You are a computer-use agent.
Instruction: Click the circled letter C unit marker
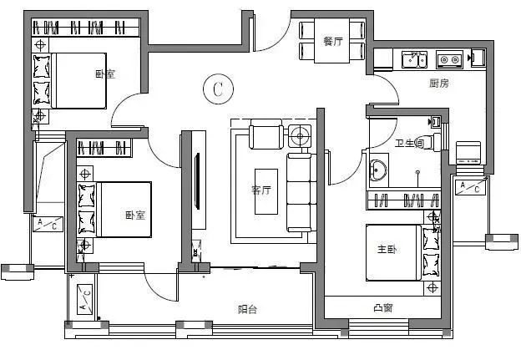point(218,89)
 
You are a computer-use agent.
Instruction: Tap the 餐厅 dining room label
point(332,42)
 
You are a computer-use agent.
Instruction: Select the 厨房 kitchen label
point(439,83)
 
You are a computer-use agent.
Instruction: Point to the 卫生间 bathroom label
point(409,144)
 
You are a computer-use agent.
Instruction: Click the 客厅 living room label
point(260,190)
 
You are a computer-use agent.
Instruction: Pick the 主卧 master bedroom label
point(387,249)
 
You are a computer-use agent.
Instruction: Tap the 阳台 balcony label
point(247,310)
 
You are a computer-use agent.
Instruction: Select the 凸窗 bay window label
point(383,308)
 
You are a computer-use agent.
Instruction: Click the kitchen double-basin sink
point(414,59)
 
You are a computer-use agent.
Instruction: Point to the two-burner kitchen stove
point(449,59)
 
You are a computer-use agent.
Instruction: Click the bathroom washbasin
point(378,170)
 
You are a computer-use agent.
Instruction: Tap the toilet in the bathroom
point(433,142)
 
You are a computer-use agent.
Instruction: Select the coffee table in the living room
point(266,191)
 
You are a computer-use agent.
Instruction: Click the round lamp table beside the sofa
point(300,135)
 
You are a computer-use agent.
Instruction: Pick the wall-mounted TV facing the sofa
point(197,180)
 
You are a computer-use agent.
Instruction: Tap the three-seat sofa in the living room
point(301,192)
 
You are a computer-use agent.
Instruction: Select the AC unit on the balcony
point(84,300)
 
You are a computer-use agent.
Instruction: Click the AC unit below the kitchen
point(470,187)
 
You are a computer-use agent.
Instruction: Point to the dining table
point(331,41)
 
